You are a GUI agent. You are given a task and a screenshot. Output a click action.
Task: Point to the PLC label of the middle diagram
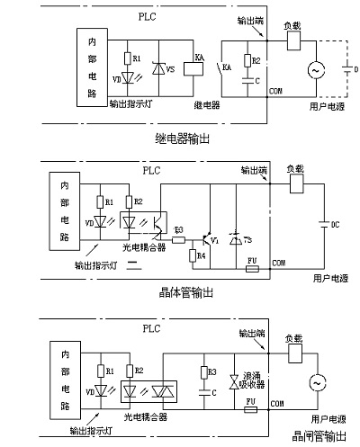point(149,168)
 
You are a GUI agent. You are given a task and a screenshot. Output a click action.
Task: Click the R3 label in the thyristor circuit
point(213,370)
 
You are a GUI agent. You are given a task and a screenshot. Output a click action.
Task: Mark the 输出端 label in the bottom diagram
point(251,333)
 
